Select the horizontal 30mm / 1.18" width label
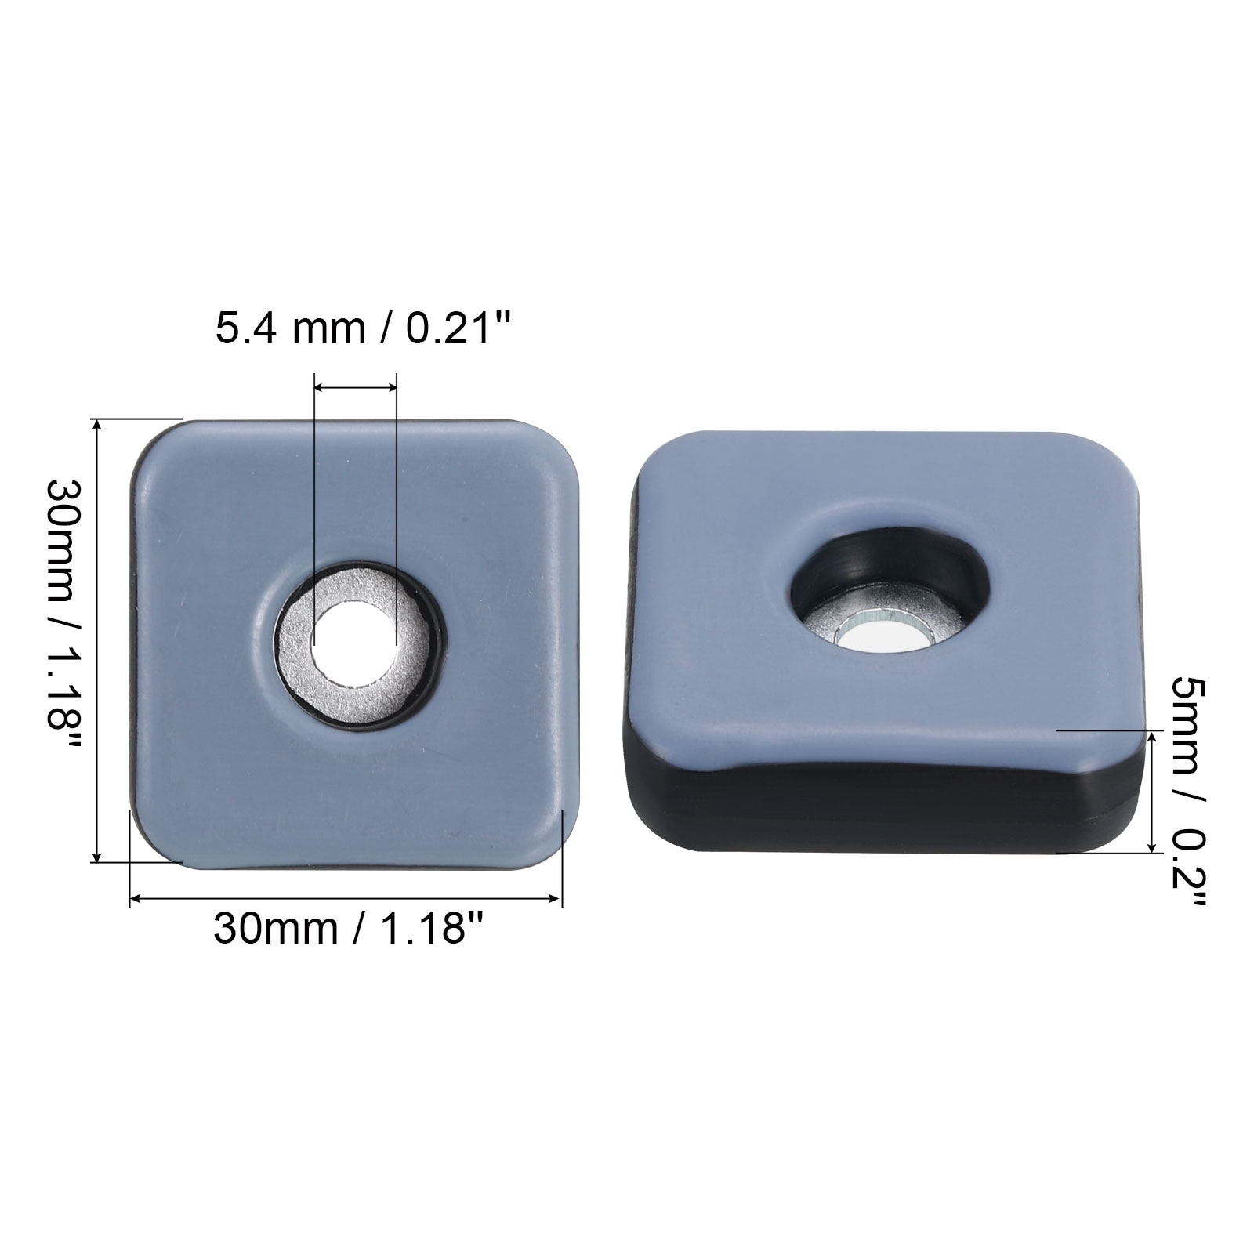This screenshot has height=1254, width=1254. [x=346, y=930]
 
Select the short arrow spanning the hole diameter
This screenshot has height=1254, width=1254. [x=355, y=386]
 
